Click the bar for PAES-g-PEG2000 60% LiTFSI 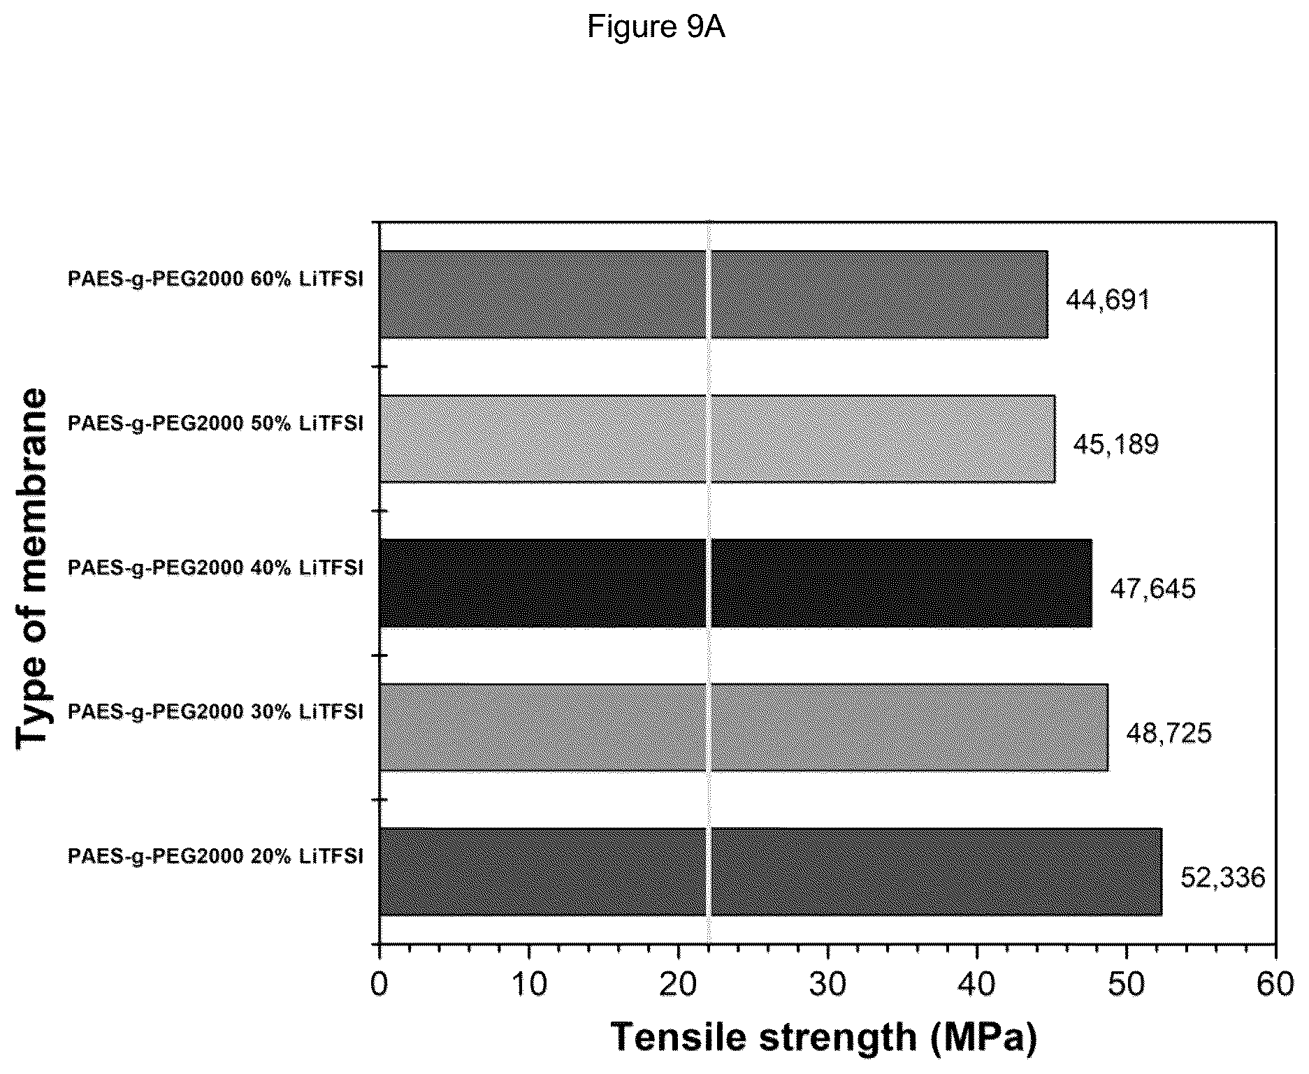714,295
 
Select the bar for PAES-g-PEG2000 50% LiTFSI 717,439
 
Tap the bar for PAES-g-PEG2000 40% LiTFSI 735,583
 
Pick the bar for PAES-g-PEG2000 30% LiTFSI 744,727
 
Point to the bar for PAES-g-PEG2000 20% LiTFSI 771,871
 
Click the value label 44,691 1108,300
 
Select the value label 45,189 1115,444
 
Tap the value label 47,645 1153,588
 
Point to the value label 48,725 1169,733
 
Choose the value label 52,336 1223,877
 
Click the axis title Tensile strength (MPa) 825,1038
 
